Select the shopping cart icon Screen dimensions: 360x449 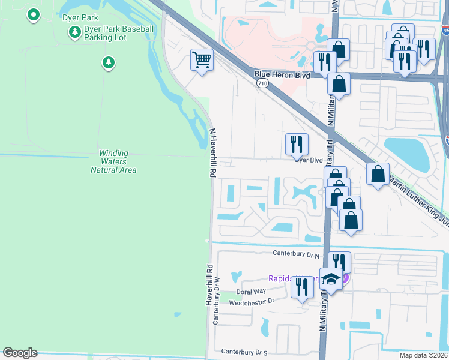point(202,60)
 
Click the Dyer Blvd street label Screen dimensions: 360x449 point(309,160)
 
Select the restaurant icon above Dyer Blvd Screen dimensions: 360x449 point(297,143)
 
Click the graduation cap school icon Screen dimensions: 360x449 point(330,278)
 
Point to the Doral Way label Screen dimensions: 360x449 point(250,292)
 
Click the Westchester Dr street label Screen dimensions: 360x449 point(252,301)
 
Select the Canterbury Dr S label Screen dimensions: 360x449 point(243,352)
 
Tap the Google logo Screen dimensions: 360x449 point(20,353)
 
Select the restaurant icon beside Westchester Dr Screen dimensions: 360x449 point(301,287)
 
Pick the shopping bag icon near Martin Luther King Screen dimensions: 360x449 point(378,174)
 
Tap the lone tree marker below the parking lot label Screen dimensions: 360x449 point(108,62)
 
